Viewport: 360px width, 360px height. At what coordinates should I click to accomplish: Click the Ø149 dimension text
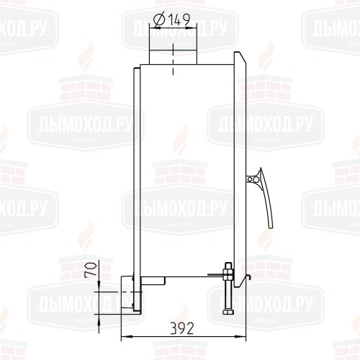click(x=171, y=20)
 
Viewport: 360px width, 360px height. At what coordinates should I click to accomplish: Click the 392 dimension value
click(x=182, y=328)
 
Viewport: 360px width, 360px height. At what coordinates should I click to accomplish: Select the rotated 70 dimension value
click(x=91, y=270)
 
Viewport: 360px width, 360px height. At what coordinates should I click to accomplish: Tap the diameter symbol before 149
click(x=159, y=20)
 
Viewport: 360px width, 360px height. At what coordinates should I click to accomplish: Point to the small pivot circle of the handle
click(x=250, y=179)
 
